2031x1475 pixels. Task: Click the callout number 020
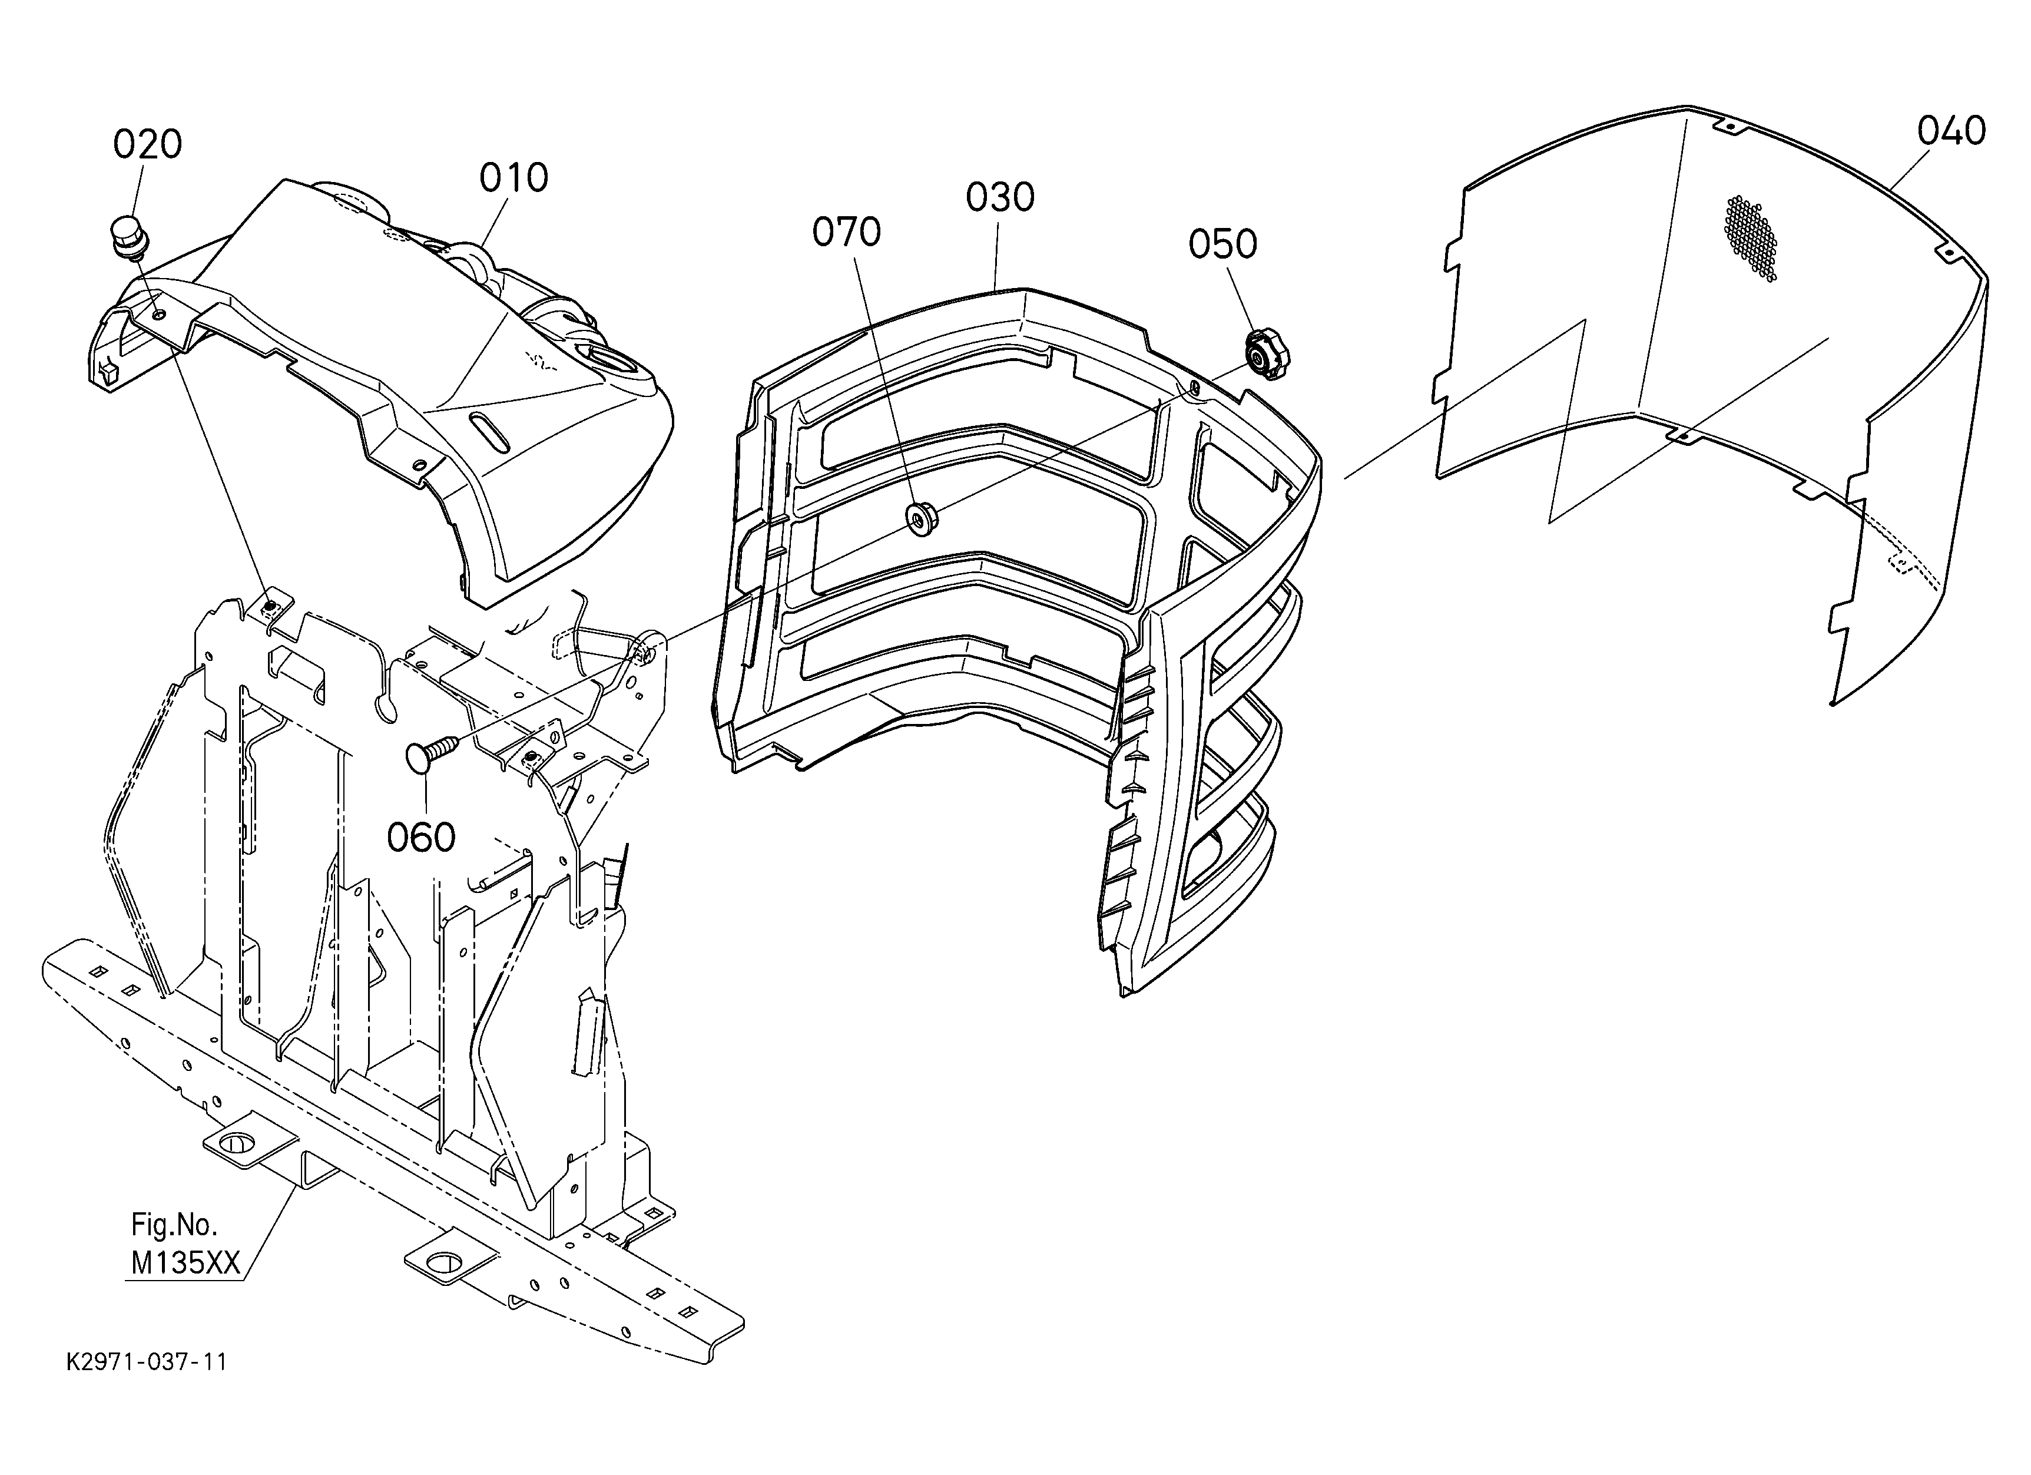tap(148, 144)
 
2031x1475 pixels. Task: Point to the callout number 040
tap(1952, 131)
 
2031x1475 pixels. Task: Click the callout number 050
tap(1222, 244)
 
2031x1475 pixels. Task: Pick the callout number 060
tap(421, 838)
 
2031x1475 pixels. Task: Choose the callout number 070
tap(846, 232)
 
